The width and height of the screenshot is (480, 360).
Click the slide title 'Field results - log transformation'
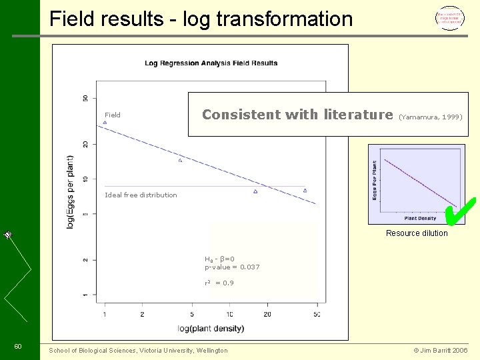click(x=201, y=19)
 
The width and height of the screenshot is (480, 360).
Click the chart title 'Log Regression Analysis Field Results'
click(x=211, y=63)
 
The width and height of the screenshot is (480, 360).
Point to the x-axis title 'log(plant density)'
click(x=211, y=328)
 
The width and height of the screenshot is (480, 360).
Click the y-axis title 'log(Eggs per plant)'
click(x=71, y=193)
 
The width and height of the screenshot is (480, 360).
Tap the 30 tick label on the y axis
click(x=85, y=98)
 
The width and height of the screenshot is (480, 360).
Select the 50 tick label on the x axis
click(x=317, y=314)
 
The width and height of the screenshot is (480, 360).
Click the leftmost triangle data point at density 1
click(x=105, y=123)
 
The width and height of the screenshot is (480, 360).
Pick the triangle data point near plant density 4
click(x=180, y=161)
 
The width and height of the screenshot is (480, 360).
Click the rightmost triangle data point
click(x=305, y=191)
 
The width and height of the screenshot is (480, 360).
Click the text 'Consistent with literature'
click(x=297, y=115)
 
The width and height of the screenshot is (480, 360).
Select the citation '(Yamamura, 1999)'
click(x=430, y=117)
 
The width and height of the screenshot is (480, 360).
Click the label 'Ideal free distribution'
click(x=141, y=195)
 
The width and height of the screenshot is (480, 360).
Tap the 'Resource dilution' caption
click(x=417, y=233)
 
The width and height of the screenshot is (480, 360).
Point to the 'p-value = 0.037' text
click(x=232, y=267)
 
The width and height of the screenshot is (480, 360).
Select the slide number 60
click(x=18, y=345)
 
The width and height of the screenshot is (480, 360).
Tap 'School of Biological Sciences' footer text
click(x=138, y=351)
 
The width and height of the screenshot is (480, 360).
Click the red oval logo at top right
click(x=450, y=17)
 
